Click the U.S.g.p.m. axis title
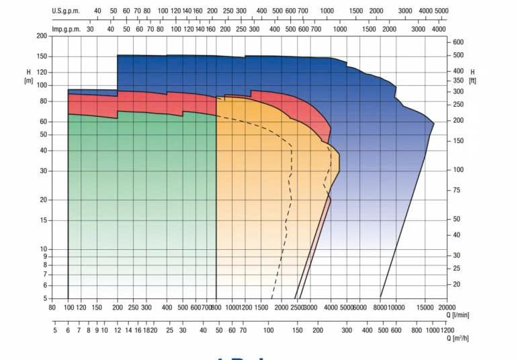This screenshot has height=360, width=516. coord(67,11)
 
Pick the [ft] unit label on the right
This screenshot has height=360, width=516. coord(473,80)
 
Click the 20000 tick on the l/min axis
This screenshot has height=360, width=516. coord(447,307)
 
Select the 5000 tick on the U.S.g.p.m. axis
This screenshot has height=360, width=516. coord(441,11)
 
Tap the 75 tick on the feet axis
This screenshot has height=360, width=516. coord(456,190)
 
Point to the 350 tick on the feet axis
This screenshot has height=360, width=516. coord(458,80)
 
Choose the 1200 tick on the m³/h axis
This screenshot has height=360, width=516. coord(447,330)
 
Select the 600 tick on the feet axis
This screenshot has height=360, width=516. coord(458,42)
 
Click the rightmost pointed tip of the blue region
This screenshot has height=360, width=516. coord(433,124)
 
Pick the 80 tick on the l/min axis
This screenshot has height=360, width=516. coord(52,307)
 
